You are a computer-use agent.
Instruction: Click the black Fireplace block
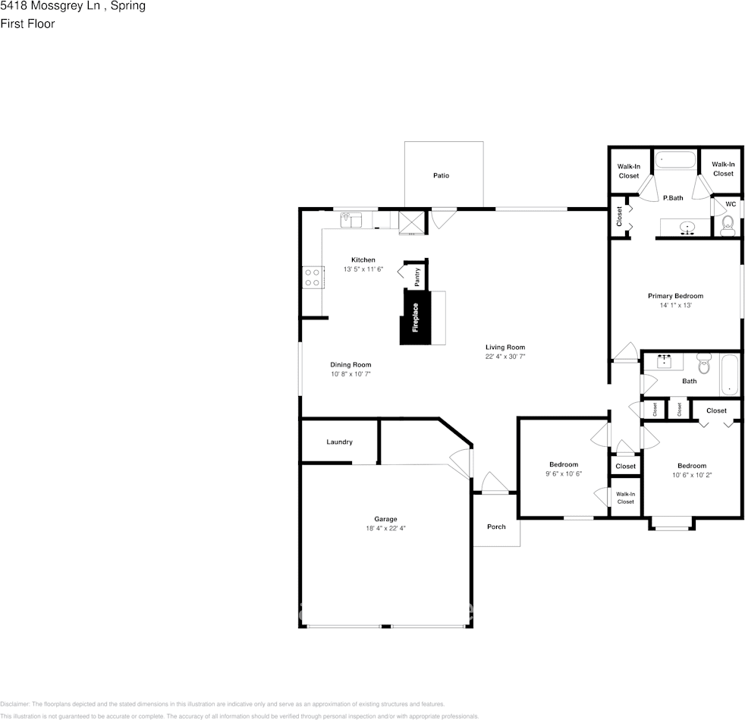[415, 317]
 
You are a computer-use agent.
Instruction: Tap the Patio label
[441, 175]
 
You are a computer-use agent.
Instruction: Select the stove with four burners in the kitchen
[312, 276]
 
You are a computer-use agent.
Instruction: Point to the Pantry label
[417, 277]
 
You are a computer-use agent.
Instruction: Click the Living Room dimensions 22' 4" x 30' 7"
[505, 357]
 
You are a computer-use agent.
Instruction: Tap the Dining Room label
[350, 365]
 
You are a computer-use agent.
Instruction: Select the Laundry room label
[339, 442]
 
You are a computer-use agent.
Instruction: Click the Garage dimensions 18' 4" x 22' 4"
[385, 528]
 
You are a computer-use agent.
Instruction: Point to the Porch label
[496, 527]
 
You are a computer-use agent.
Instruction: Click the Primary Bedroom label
[675, 296]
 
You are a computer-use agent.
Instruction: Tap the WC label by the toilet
[731, 204]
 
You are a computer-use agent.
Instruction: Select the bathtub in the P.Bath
[674, 160]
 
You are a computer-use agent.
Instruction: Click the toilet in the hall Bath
[703, 365]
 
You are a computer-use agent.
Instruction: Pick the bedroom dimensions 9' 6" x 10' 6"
[564, 473]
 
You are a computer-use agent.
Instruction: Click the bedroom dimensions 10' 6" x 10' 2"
[692, 475]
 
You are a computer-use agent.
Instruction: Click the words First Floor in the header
[27, 24]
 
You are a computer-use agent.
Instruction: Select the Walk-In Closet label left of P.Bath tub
[628, 171]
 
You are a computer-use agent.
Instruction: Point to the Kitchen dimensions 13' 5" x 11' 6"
[363, 269]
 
